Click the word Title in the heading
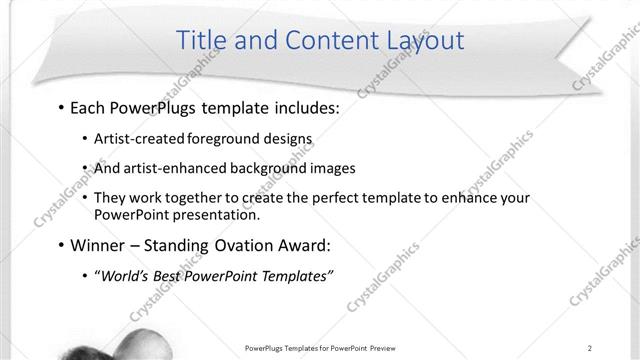tap(200, 40)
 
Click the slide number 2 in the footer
tap(590, 347)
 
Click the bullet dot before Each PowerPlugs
tap(62, 107)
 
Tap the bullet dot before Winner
tap(62, 245)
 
